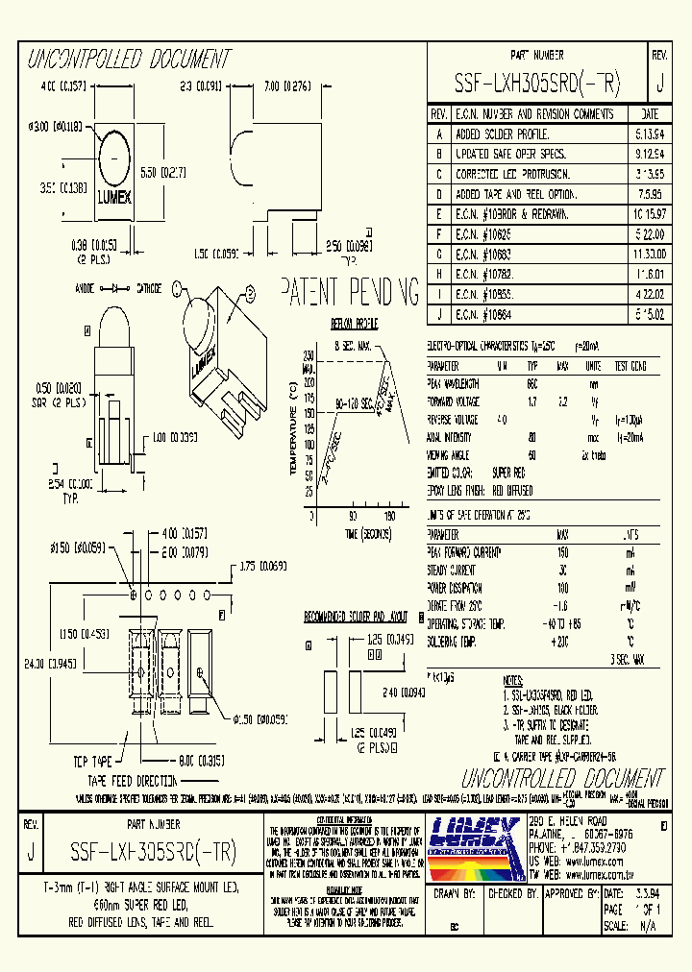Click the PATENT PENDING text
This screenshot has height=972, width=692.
pos(350,292)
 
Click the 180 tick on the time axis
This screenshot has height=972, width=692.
pos(389,517)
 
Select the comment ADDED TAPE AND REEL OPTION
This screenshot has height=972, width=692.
pos(511,193)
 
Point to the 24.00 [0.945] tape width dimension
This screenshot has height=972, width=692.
pos(37,663)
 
